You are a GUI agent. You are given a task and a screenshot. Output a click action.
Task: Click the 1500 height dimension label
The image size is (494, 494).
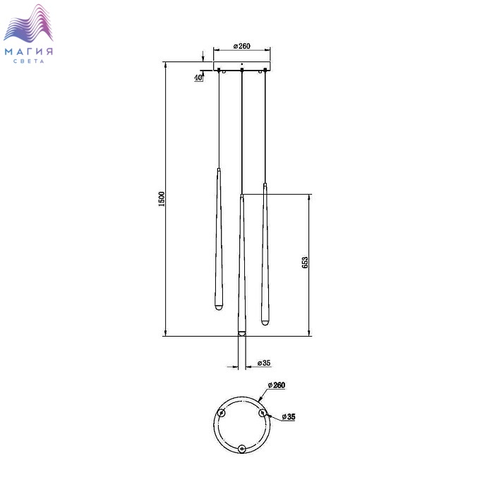click(162, 199)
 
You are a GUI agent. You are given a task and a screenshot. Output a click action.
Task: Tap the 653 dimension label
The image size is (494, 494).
click(305, 263)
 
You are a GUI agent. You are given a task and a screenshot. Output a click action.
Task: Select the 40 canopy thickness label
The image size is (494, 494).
click(198, 78)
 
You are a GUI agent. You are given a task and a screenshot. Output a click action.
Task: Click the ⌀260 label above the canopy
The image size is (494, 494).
click(242, 46)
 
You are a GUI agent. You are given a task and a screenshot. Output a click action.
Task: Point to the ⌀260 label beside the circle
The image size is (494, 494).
click(277, 385)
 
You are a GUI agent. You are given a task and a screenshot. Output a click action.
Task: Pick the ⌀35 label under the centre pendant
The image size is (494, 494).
click(264, 363)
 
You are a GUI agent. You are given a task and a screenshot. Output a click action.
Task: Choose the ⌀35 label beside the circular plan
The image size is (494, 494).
click(289, 417)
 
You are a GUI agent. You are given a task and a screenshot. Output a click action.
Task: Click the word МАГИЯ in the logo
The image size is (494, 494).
click(29, 52)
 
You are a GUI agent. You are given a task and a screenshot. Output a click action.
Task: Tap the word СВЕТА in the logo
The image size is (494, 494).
click(29, 61)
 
